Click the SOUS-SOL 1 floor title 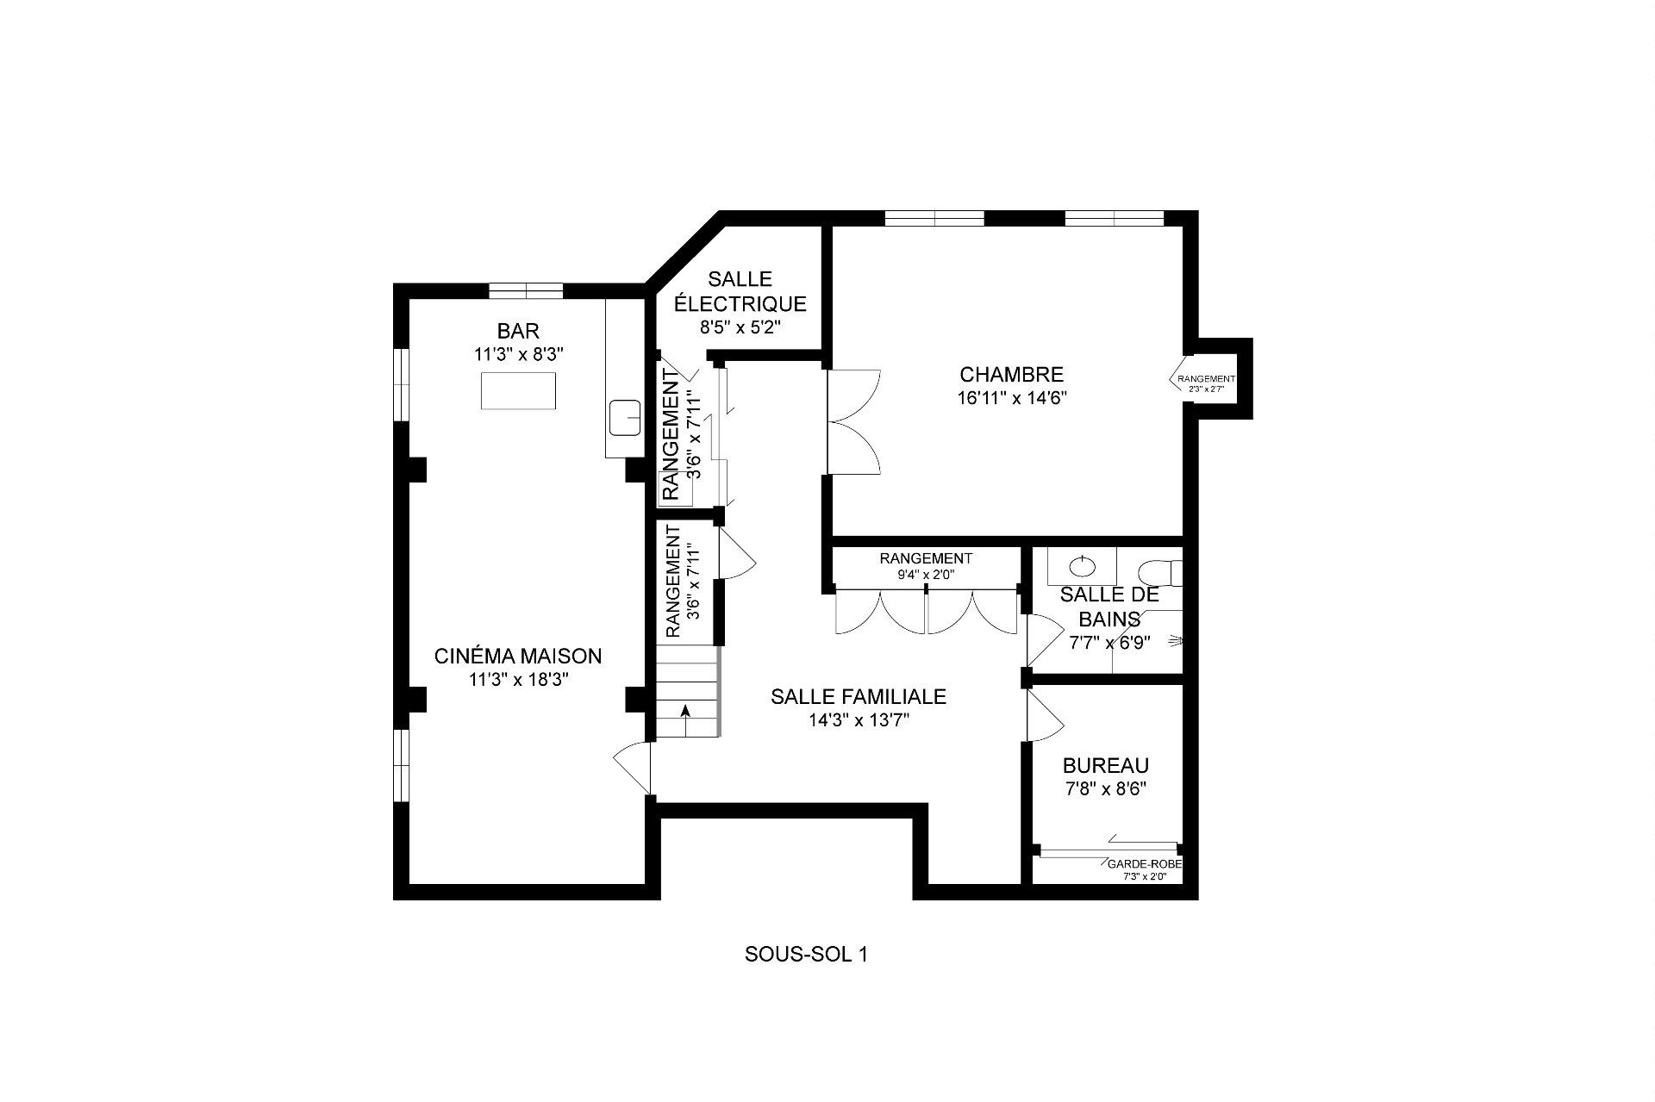(x=805, y=955)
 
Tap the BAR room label (x=518, y=331)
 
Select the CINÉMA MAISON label (x=518, y=656)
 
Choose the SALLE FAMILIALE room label (x=859, y=696)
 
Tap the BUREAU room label (x=1106, y=765)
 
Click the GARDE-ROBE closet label (x=1145, y=864)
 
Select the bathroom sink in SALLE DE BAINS (x=1082, y=566)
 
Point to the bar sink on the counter (x=624, y=418)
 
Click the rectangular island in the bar (x=517, y=390)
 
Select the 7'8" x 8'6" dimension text (x=1106, y=788)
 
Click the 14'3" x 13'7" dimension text (x=859, y=720)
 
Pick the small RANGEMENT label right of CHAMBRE (x=1207, y=378)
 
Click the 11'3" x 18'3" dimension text (x=519, y=680)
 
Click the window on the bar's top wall (x=526, y=290)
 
